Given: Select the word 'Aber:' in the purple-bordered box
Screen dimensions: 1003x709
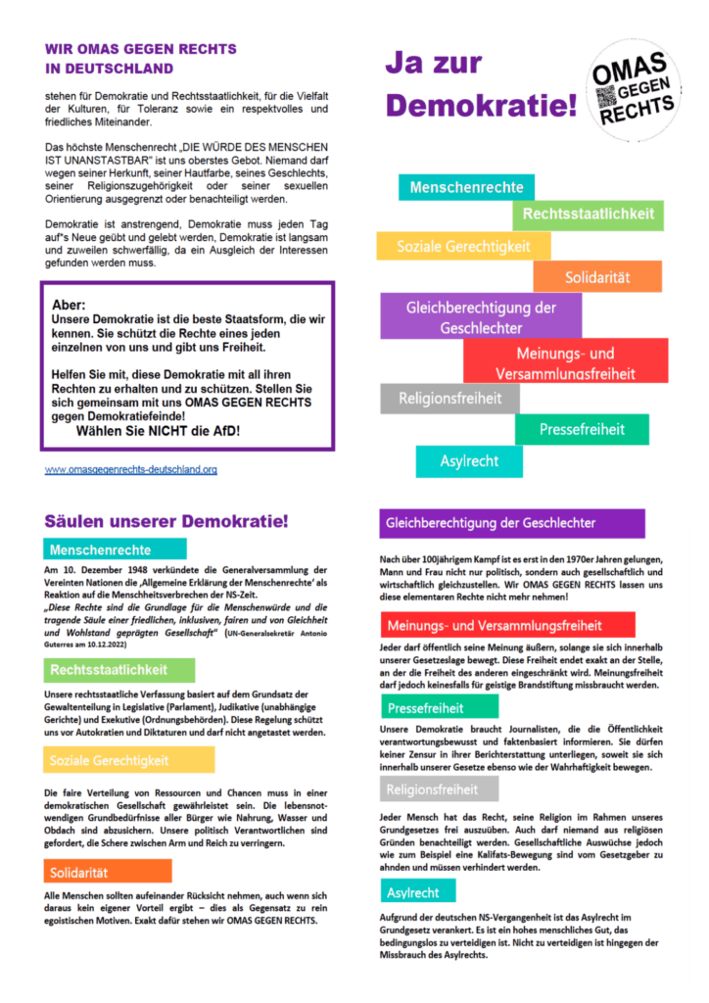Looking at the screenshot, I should tap(69, 305).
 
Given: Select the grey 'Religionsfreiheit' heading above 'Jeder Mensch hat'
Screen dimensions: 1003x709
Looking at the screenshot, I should tap(432, 790).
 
